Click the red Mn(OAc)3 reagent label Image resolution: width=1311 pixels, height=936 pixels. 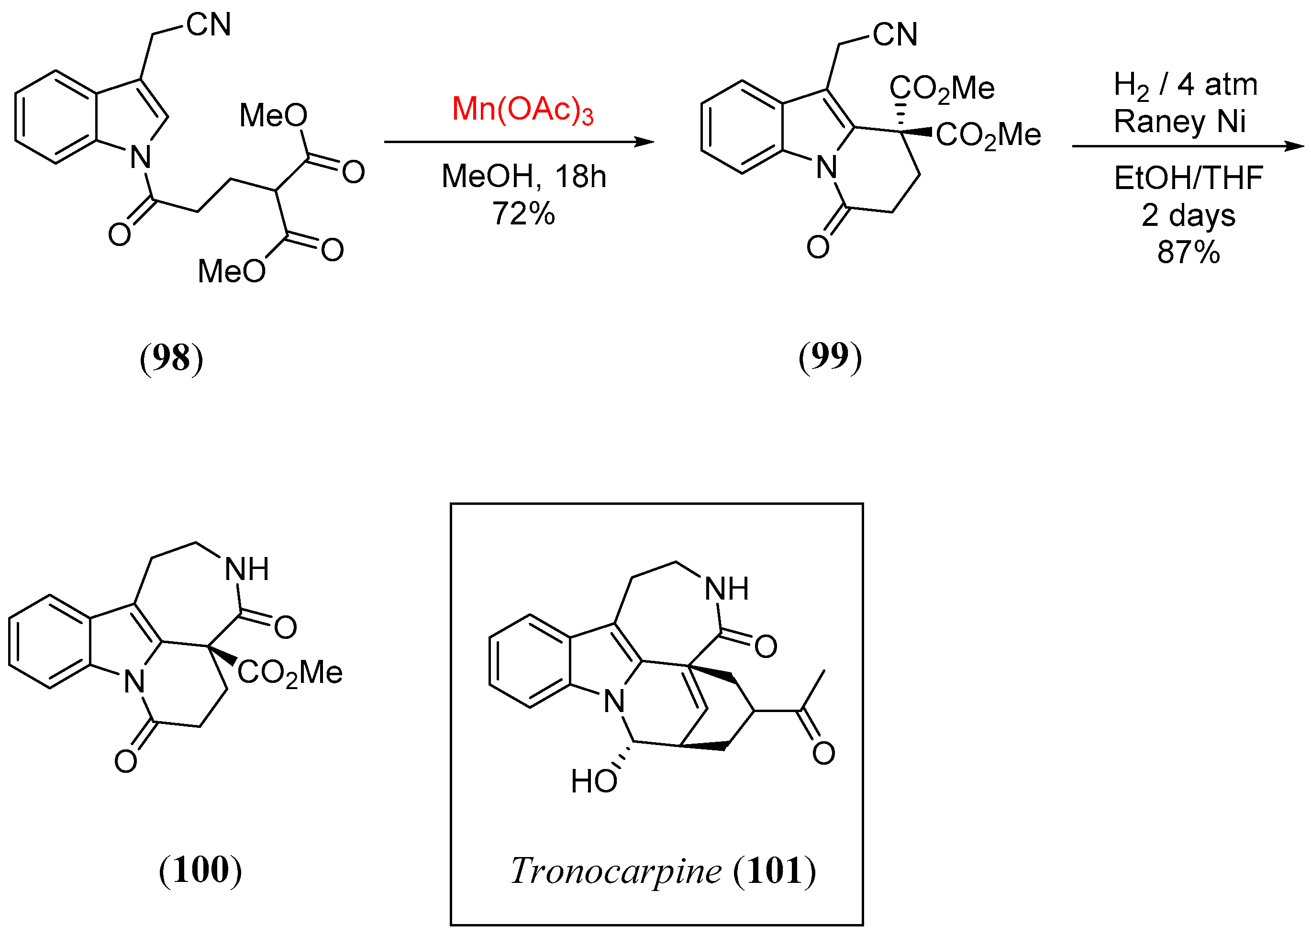(522, 110)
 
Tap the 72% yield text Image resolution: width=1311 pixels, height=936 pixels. (523, 214)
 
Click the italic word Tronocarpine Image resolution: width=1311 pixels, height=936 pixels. (615, 871)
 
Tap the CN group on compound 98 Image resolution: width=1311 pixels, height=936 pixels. (209, 25)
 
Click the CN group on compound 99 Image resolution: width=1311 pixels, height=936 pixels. (894, 34)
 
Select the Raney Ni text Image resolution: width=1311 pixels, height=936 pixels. (1179, 122)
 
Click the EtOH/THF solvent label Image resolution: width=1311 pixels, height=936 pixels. (1188, 178)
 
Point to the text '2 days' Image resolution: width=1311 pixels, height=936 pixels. (1188, 215)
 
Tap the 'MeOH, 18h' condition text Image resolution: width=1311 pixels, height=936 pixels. (523, 177)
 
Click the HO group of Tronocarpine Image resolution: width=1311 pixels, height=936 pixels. (594, 782)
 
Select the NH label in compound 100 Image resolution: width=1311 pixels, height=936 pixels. (246, 569)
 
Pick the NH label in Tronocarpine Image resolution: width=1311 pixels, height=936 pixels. (727, 589)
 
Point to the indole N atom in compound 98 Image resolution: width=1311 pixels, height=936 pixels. (140, 156)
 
